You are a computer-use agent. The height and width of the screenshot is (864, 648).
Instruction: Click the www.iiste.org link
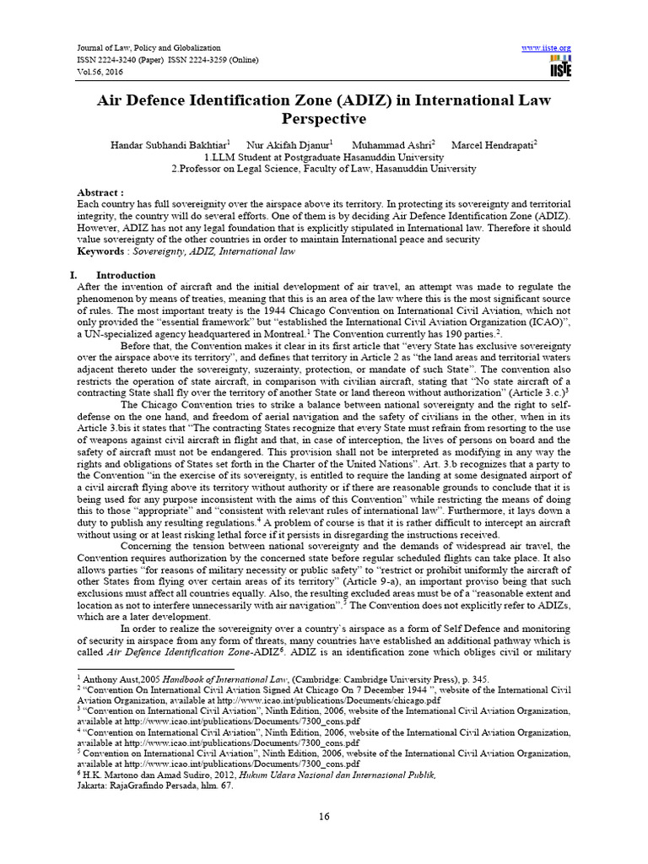click(548, 48)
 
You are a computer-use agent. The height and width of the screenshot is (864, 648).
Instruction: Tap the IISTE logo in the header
click(559, 67)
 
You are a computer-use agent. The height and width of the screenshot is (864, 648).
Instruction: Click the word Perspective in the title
click(324, 119)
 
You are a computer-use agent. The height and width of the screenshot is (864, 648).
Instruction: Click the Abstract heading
click(100, 192)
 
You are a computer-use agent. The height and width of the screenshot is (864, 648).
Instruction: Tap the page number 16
click(324, 816)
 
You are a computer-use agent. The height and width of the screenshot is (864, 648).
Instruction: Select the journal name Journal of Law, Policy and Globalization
click(136, 48)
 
